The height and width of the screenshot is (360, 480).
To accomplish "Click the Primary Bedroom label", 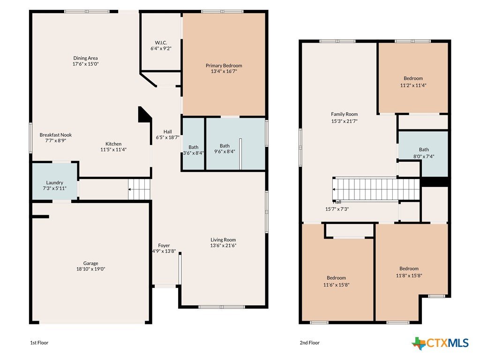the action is [224, 66].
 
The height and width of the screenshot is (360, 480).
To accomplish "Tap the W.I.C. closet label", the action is [161, 43].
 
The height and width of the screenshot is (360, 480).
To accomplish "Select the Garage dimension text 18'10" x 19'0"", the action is [90, 269].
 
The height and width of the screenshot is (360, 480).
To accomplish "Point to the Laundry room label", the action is [54, 182].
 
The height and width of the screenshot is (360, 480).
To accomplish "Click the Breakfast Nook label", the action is [56, 135].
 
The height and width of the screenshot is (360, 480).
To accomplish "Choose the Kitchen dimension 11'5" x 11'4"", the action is [113, 150].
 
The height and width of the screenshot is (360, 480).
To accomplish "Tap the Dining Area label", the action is [85, 58].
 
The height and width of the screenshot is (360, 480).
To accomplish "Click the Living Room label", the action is [223, 240].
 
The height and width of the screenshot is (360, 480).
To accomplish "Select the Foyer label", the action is [164, 246].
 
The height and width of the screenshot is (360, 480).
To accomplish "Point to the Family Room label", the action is [345, 114].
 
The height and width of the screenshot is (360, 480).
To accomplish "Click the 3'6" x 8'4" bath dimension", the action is [193, 153].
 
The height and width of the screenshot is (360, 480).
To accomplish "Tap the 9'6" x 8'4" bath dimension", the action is [225, 151].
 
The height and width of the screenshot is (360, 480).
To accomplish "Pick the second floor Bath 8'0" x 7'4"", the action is [424, 153].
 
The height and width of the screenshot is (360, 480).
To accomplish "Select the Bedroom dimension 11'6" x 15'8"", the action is [337, 285].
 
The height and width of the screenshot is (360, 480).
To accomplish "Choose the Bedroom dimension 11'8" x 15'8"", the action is [409, 276].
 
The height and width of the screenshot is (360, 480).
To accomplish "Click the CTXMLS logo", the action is [440, 343].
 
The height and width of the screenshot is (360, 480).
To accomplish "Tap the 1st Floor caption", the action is [39, 343].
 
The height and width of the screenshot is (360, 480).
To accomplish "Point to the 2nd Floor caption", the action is [309, 343].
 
